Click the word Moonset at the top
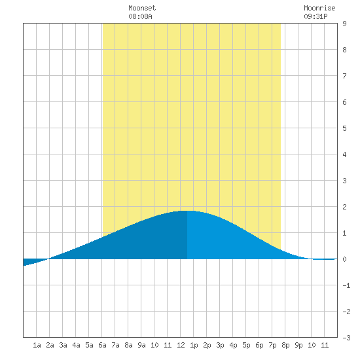(142, 8)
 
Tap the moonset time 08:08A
(140, 16)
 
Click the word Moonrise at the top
(319, 8)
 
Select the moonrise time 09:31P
(315, 16)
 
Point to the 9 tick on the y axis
(344, 24)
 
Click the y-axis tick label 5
(344, 128)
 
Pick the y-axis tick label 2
(344, 207)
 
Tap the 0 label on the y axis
(344, 259)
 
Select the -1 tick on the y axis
(346, 285)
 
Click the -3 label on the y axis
(346, 338)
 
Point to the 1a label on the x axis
(37, 345)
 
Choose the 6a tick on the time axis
(102, 345)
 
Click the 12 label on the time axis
(181, 345)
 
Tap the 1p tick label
(194, 345)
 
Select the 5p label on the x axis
(246, 345)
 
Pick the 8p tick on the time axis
(285, 345)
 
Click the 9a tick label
(141, 345)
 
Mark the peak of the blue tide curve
(187, 211)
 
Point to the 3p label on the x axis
(220, 345)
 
